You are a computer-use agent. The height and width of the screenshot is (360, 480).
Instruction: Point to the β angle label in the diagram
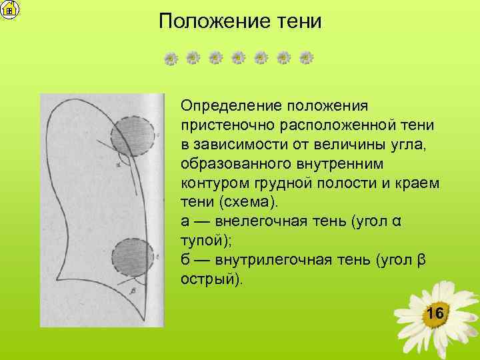tap(133, 291)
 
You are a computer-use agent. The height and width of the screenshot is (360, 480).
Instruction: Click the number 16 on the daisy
tap(435, 313)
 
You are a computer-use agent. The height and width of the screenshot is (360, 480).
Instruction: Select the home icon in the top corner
tap(10, 9)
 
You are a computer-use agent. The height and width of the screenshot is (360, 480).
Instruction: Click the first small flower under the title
tap(171, 59)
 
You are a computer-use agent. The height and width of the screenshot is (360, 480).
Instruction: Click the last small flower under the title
tap(306, 59)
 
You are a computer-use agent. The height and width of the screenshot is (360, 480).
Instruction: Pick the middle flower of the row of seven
tap(239, 59)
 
